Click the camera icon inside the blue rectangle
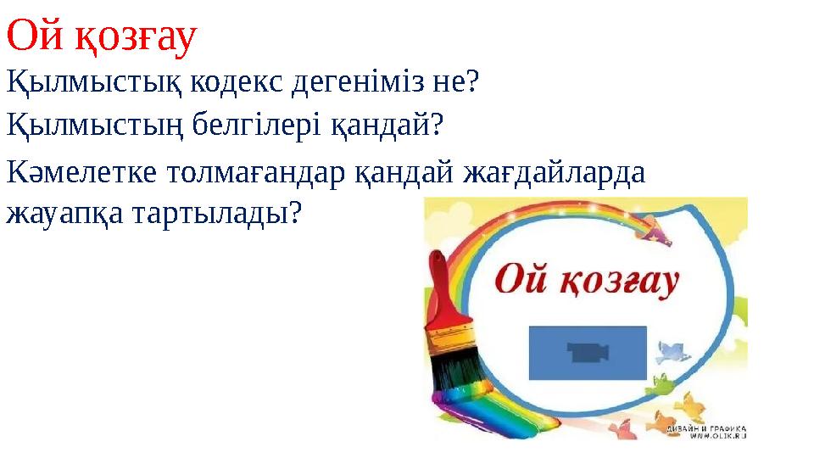coord(588,352)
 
